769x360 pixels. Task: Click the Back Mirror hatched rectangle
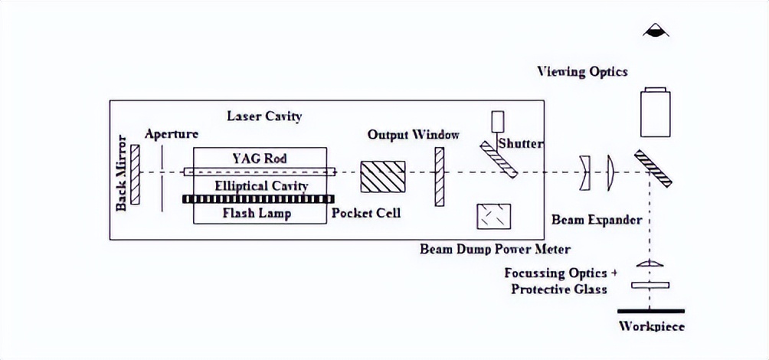pos(136,175)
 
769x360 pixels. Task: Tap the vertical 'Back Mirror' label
pos(121,175)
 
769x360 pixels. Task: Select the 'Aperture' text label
pos(172,134)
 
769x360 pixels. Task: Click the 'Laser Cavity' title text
pos(264,116)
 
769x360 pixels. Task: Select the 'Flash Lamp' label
pos(257,213)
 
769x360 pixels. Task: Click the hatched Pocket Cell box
pos(383,175)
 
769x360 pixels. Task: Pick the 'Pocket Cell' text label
pos(365,213)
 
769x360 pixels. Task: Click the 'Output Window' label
pos(414,135)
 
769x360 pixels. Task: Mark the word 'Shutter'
pos(521,143)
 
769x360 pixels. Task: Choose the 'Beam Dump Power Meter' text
pos(495,249)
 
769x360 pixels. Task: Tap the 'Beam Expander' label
pos(597,220)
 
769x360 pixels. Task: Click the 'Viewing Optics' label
pos(582,72)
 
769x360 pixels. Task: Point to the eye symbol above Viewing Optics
pos(656,31)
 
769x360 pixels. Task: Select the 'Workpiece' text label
pos(651,327)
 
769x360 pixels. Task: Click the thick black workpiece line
pos(651,310)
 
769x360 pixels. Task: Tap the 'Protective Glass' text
pos(559,289)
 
